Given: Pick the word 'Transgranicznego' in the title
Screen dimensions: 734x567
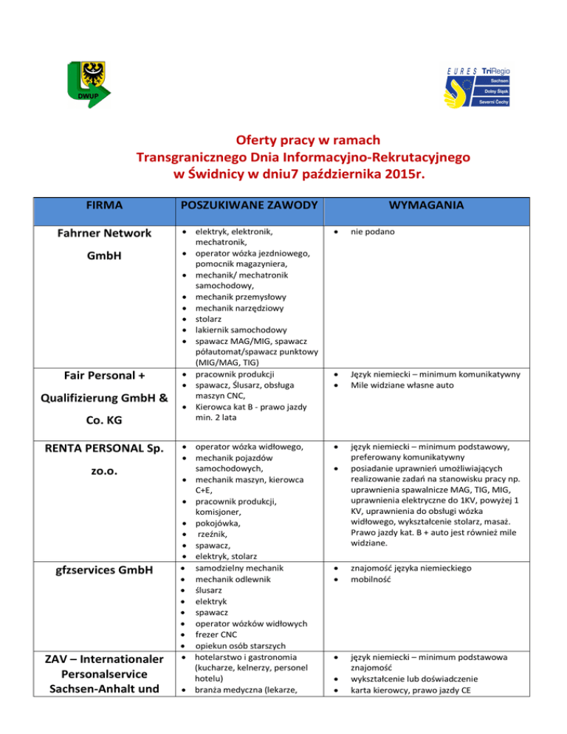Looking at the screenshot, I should [210, 158].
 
